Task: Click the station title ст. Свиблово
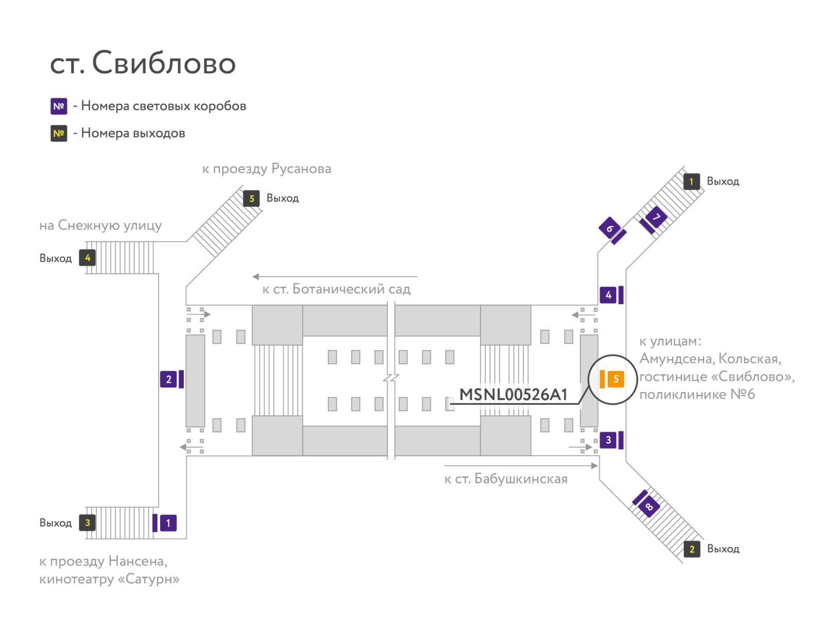[x=143, y=62]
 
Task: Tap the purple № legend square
[x=59, y=106]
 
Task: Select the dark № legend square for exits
[x=59, y=134]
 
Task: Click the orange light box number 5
[x=615, y=378]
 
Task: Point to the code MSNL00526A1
[x=513, y=394]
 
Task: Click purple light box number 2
[x=168, y=379]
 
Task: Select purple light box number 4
[x=608, y=295]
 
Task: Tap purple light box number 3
[x=608, y=440]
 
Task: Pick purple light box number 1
[x=168, y=523]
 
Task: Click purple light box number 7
[x=656, y=217]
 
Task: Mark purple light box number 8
[x=649, y=506]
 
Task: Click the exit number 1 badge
[x=692, y=182]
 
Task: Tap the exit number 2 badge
[x=692, y=549]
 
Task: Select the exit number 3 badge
[x=87, y=522]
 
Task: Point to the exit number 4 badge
[x=87, y=258]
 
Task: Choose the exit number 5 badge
[x=251, y=199]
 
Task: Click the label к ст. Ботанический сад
[x=336, y=289]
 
